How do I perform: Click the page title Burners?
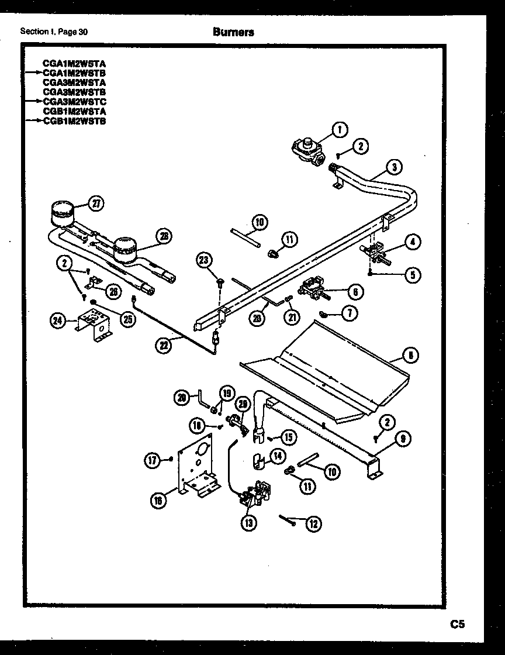coord(233,33)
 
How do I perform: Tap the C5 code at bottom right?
coord(457,625)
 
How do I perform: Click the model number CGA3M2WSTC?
coord(74,101)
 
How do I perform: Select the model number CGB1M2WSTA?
coord(74,111)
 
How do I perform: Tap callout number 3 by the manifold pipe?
coord(394,167)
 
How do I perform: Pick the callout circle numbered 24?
coord(57,321)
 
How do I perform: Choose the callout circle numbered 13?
coord(249,523)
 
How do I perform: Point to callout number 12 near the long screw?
coord(313,524)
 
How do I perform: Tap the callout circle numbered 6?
coord(354,291)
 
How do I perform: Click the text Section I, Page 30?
coord(54,32)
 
